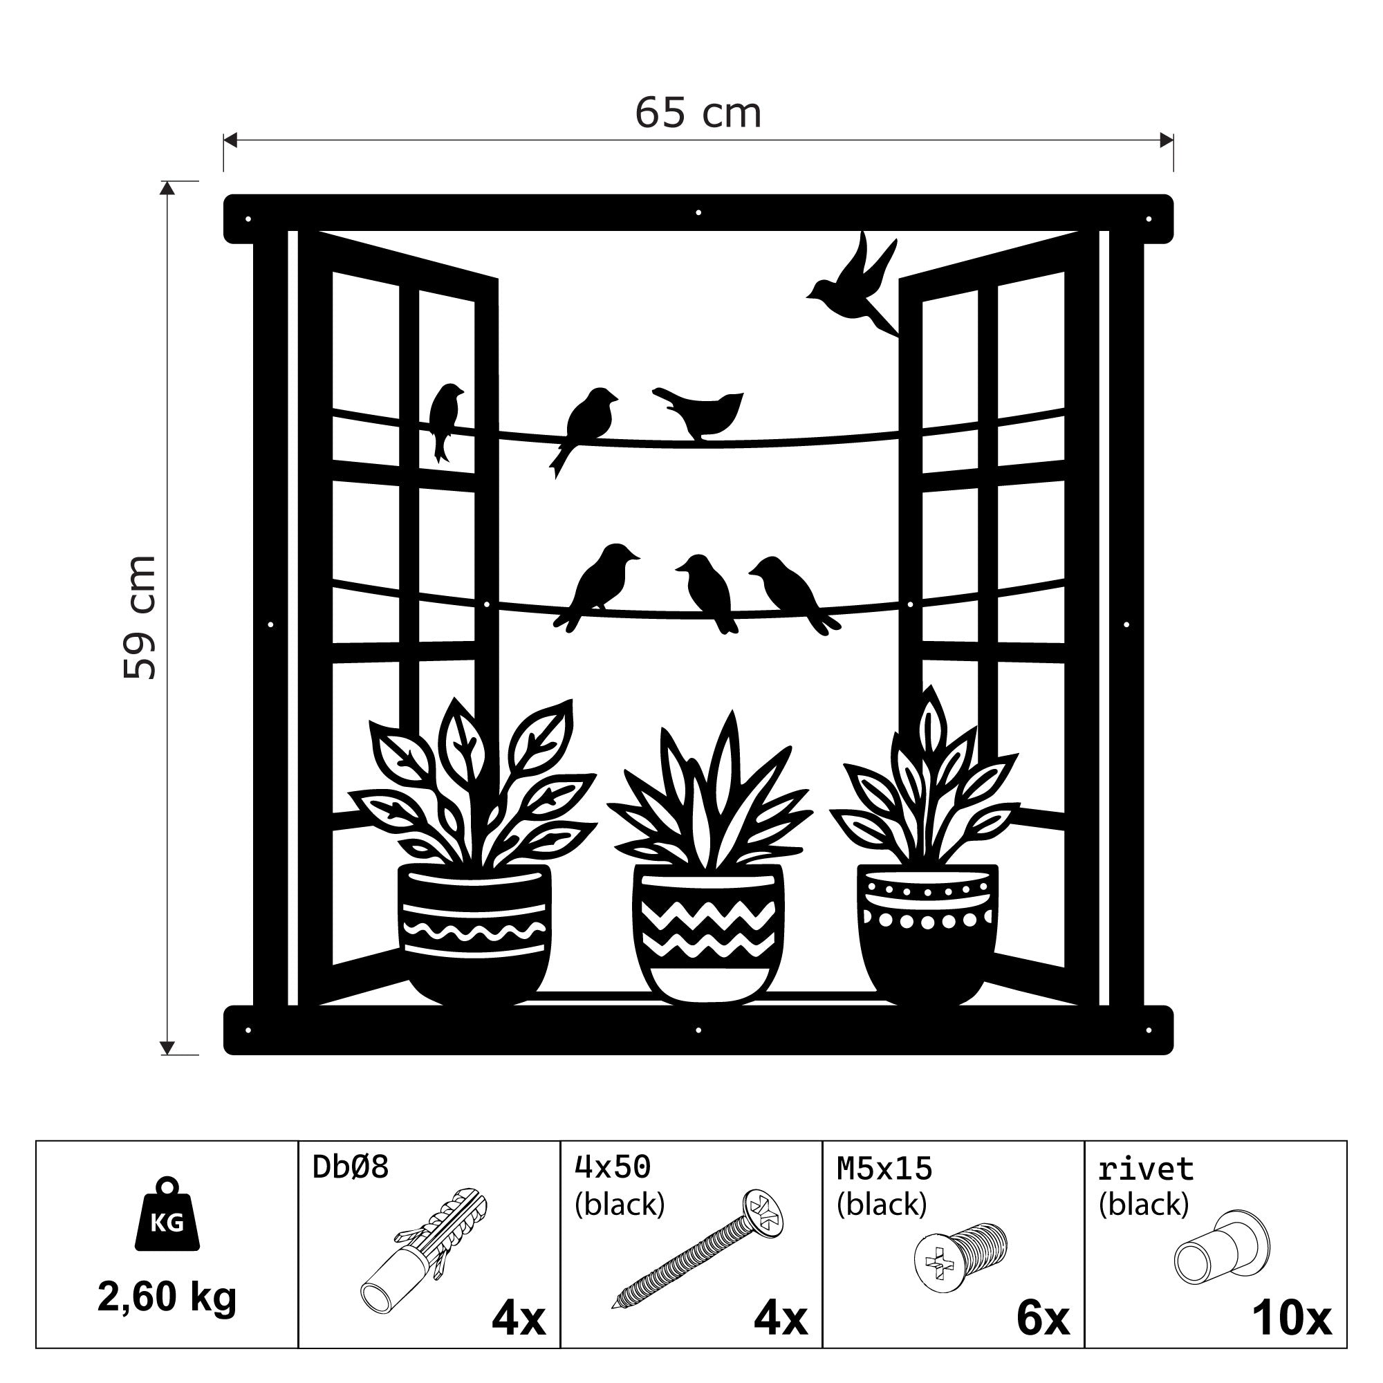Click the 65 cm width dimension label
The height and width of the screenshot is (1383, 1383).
(x=698, y=113)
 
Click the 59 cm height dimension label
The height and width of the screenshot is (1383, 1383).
(x=140, y=617)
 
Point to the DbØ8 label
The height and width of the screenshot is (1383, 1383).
(x=351, y=1167)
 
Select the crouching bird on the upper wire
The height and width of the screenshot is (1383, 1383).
(x=698, y=414)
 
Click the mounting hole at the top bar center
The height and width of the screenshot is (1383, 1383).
(x=698, y=212)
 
